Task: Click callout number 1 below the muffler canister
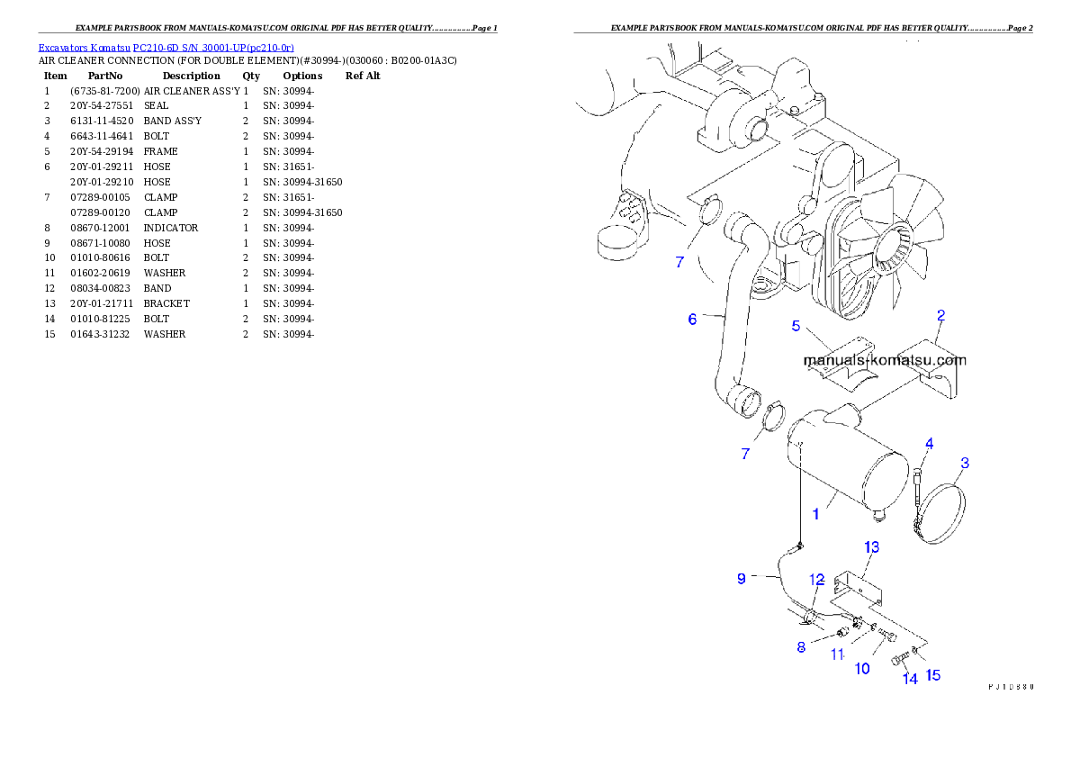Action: [815, 514]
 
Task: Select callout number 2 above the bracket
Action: [940, 315]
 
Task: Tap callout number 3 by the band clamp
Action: [964, 464]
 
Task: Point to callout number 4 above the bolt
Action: [929, 443]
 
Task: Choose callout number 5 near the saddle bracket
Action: [796, 326]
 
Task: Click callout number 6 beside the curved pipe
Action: [692, 319]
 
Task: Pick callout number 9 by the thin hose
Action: [742, 579]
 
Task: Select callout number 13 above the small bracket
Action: [871, 547]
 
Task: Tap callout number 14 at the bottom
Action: [910, 679]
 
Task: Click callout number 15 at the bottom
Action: [933, 675]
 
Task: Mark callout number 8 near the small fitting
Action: [801, 647]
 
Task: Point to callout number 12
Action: [816, 579]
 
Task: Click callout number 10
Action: [862, 668]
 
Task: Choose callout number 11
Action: [837, 654]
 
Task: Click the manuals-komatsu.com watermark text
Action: [884, 360]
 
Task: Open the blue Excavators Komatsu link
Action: [166, 48]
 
